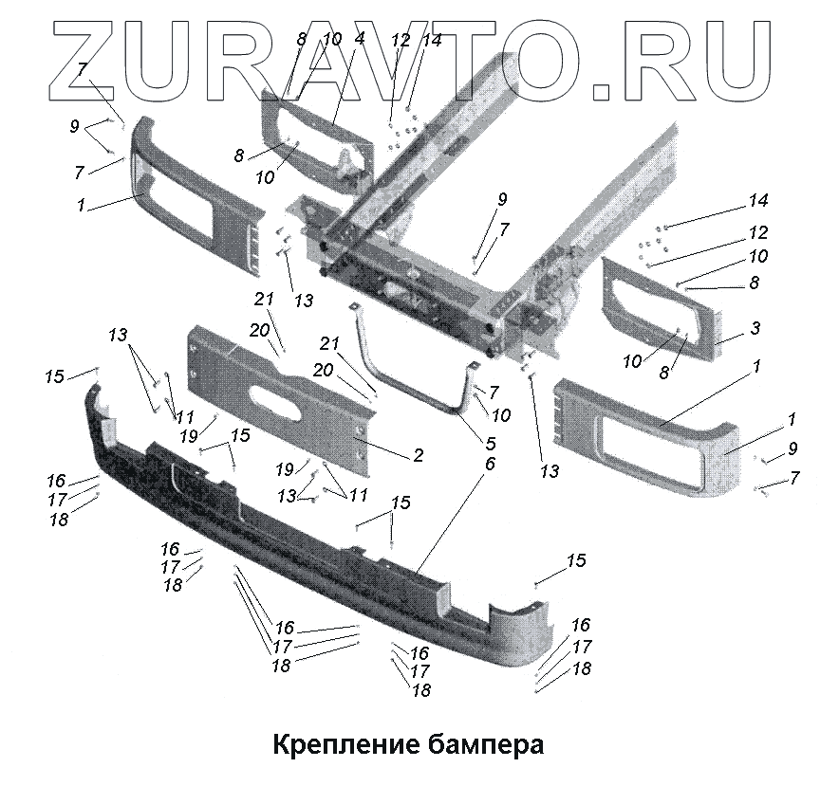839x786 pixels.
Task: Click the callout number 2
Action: coord(418,456)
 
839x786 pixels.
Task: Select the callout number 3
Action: coord(755,328)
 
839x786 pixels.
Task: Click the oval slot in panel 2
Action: coord(279,392)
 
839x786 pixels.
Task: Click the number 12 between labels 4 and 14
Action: coord(400,40)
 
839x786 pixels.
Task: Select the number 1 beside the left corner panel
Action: coord(82,204)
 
